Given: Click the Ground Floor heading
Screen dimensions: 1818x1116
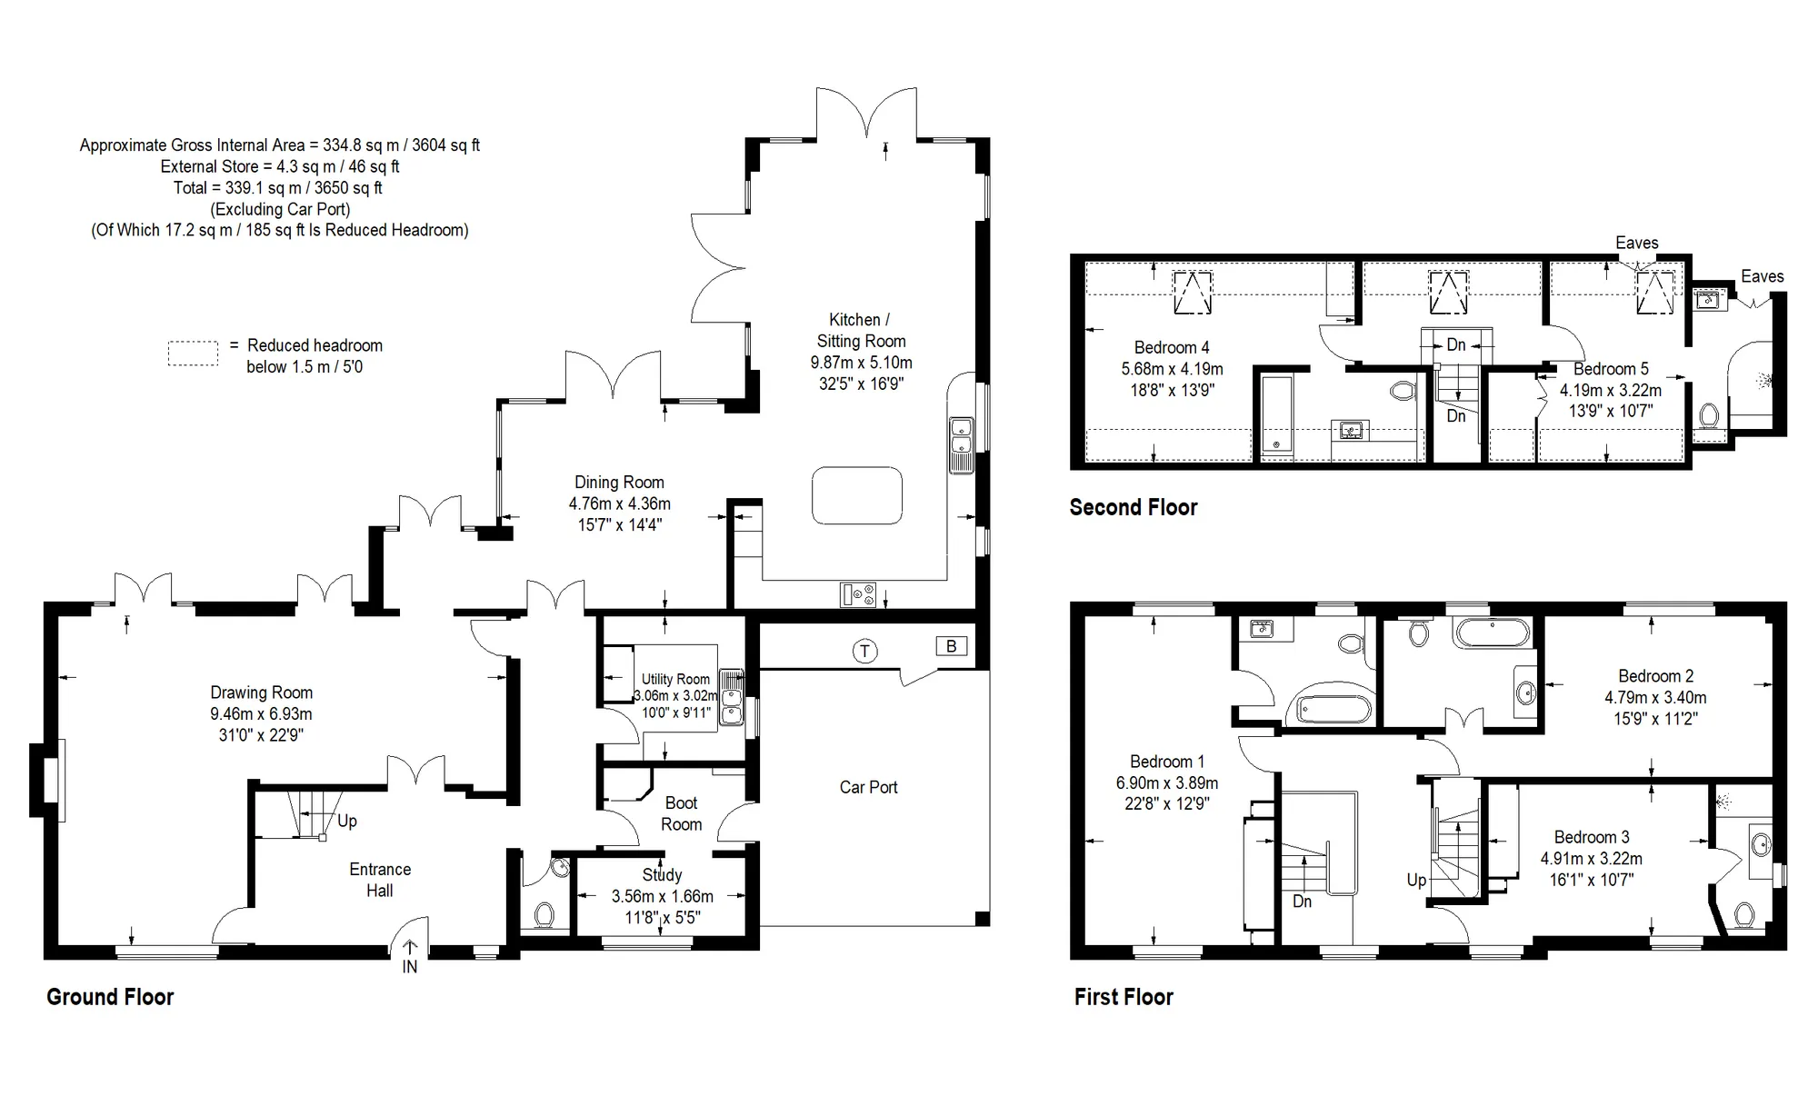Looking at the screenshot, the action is [x=110, y=997].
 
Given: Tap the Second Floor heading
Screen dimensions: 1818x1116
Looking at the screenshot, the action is [x=1134, y=507].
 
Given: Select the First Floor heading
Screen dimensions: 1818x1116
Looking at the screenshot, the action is [x=1124, y=997].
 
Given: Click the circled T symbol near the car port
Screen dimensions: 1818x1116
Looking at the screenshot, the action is [x=864, y=651].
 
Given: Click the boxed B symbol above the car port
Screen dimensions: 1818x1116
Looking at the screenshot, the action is [x=952, y=646].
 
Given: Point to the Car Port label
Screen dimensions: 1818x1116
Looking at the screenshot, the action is [x=868, y=787].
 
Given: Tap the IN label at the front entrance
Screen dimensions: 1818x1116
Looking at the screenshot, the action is [x=410, y=967].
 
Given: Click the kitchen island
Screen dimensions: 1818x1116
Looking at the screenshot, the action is [x=857, y=495].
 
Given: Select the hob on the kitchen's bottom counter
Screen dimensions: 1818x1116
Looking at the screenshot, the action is [x=859, y=595].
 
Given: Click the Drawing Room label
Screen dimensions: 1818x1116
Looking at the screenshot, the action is [x=262, y=693].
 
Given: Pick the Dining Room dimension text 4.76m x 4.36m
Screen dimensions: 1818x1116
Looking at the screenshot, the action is [x=620, y=503].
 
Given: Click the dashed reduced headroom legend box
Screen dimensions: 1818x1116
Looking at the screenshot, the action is [x=193, y=354].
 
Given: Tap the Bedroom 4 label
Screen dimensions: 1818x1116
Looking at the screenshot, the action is [x=1172, y=347].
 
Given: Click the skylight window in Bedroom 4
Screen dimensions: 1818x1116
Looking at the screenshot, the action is [x=1192, y=292].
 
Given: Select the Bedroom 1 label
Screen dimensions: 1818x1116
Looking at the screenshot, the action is [x=1167, y=762].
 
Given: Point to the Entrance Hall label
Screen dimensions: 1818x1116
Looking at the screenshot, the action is [x=380, y=880].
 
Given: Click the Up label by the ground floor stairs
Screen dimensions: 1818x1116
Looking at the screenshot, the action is [x=347, y=821].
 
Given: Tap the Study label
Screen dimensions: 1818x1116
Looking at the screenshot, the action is [x=662, y=874].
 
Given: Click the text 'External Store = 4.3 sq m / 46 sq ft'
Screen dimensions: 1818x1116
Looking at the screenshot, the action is [x=280, y=166].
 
